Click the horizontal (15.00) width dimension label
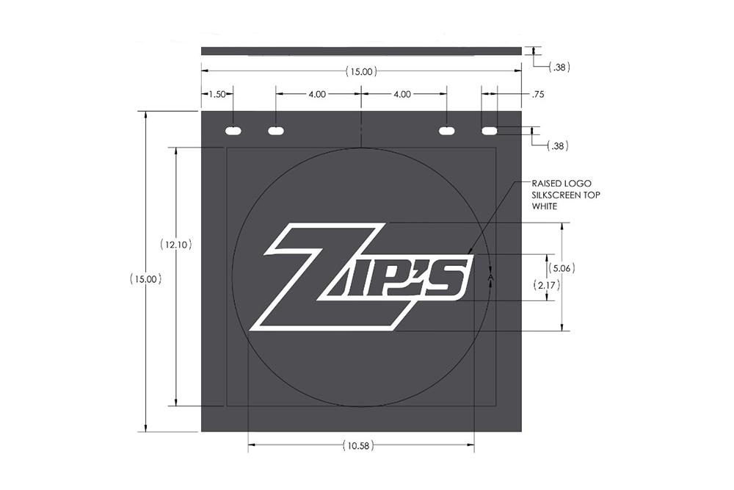pyautogui.click(x=361, y=72)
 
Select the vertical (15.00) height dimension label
pyautogui.click(x=146, y=279)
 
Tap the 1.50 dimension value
pyautogui.click(x=217, y=94)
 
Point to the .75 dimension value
pyautogui.click(x=538, y=94)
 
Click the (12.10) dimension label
pyautogui.click(x=176, y=244)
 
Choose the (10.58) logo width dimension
pyautogui.click(x=359, y=445)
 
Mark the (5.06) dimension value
pyautogui.click(x=562, y=268)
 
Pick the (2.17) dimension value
pyautogui.click(x=547, y=284)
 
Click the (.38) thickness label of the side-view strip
pyautogui.click(x=559, y=68)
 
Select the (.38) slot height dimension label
pyautogui.click(x=558, y=146)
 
